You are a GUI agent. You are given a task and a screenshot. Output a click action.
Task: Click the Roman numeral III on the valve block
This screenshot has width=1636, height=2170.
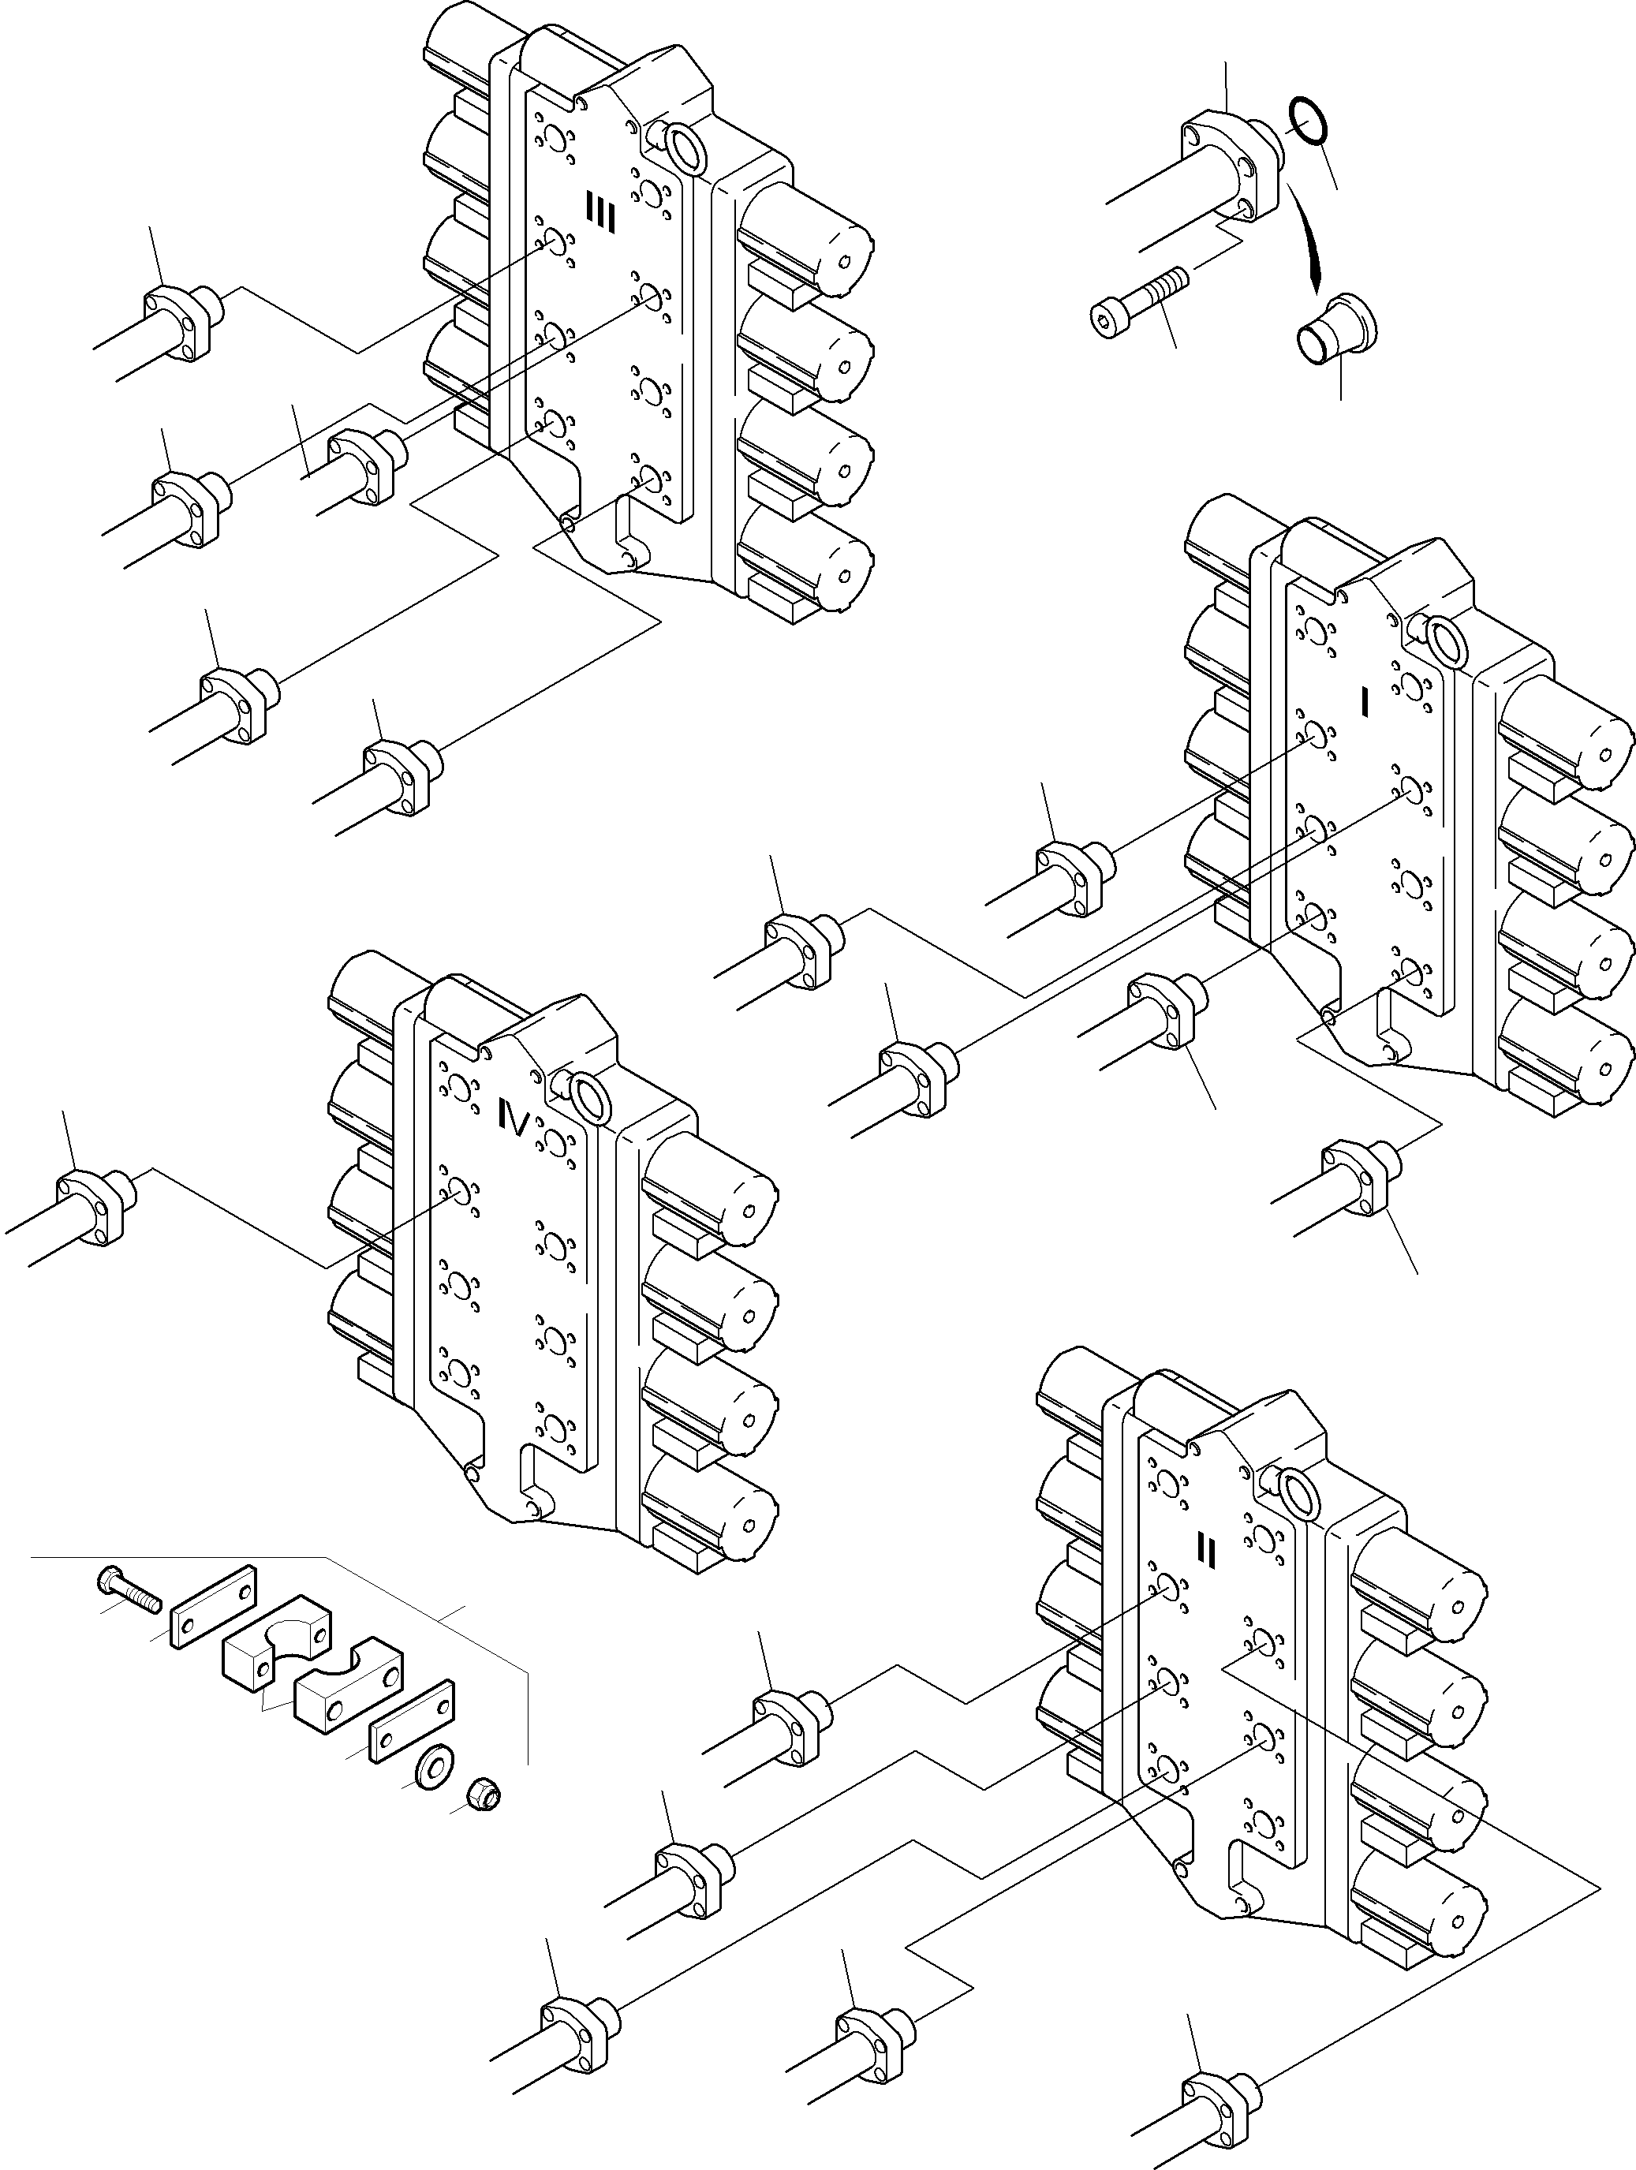coord(599,213)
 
